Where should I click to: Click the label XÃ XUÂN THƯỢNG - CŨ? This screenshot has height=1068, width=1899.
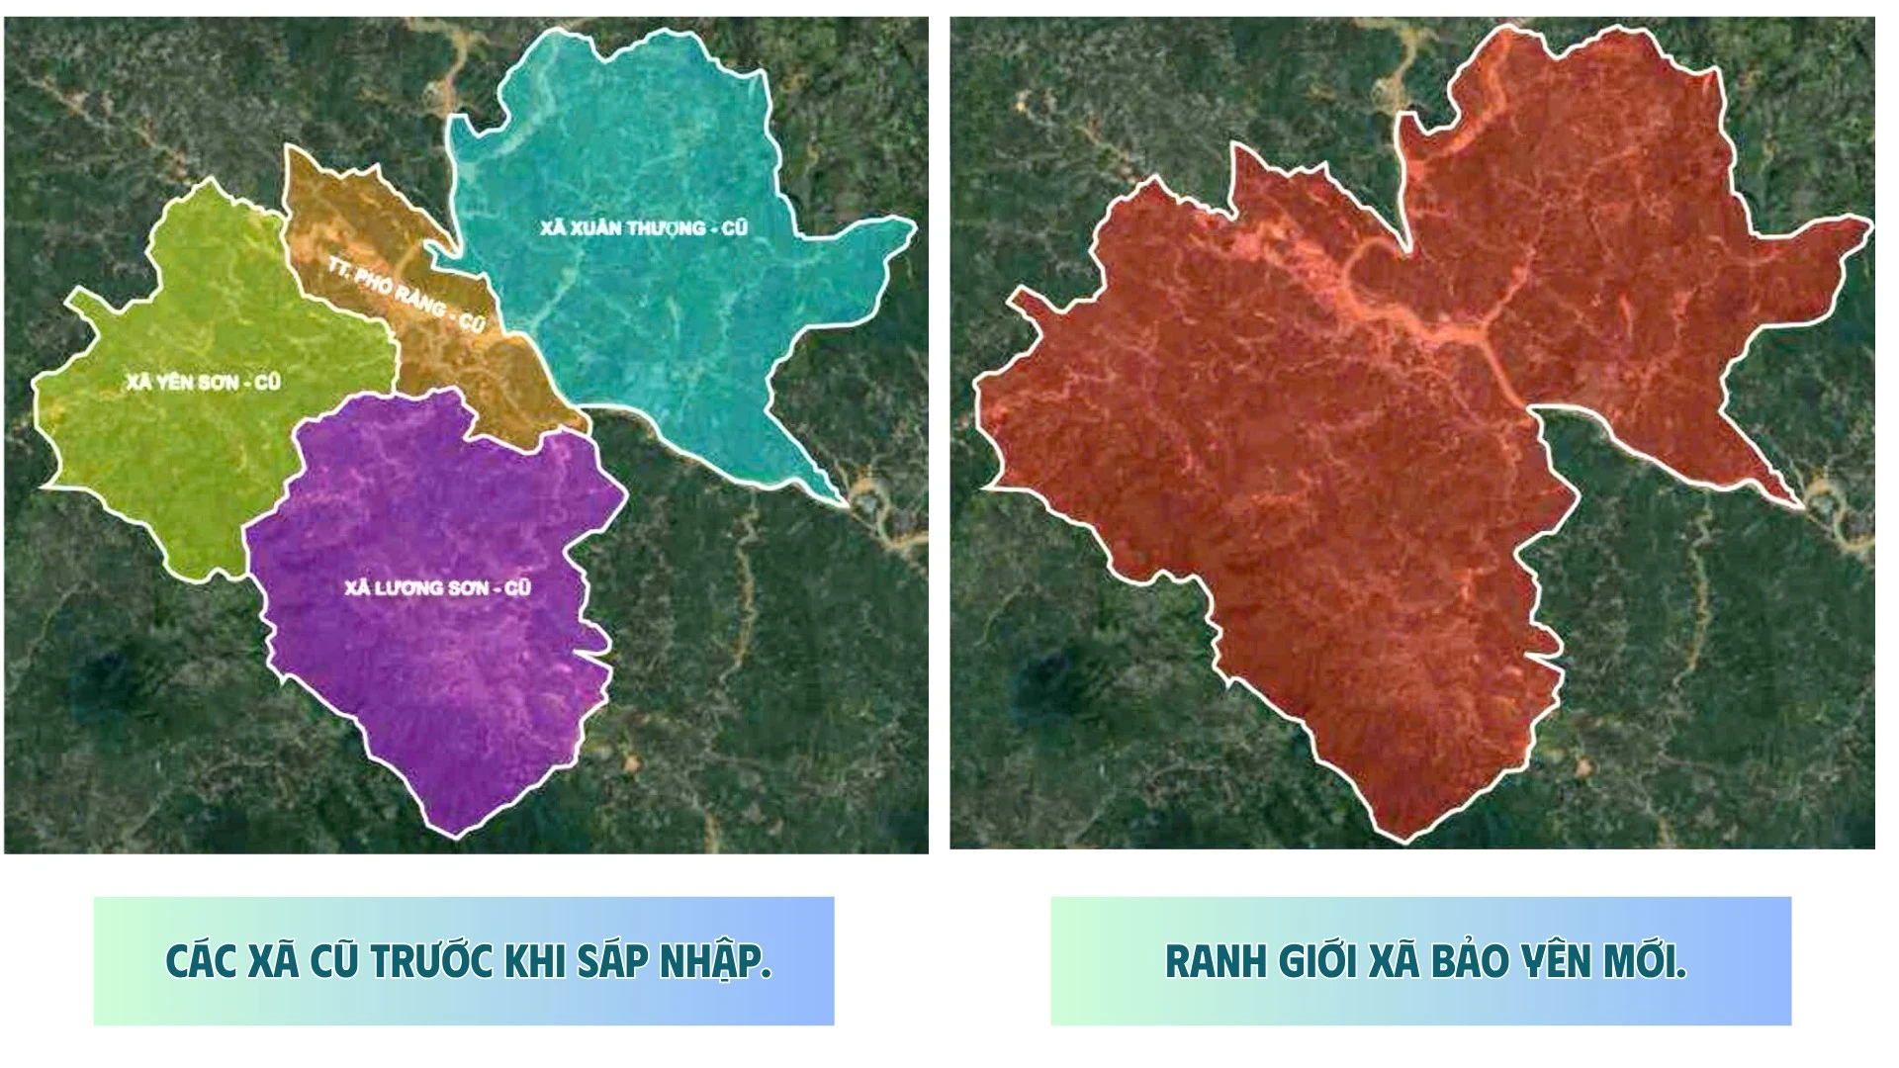click(644, 228)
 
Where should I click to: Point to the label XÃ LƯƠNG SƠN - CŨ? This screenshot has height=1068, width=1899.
click(437, 588)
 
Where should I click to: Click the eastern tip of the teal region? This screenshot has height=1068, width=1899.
click(914, 225)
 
